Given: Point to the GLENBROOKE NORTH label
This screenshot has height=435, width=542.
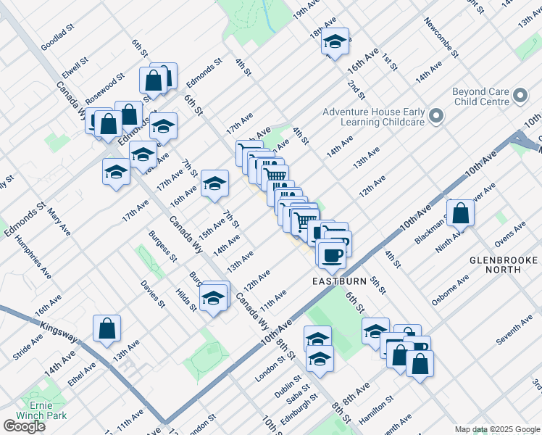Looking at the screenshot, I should coord(504,265).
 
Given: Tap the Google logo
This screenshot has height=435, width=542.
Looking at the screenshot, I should coord(24,426).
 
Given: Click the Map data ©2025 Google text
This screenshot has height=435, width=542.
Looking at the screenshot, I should coord(497,429).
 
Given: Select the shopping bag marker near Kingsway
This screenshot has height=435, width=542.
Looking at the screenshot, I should coord(107,328).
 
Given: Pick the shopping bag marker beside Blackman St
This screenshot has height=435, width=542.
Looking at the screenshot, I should coord(460,213).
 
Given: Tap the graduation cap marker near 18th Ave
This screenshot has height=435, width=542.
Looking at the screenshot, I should coord(335,42).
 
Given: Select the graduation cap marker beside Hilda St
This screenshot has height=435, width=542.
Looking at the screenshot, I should coord(214,297).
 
